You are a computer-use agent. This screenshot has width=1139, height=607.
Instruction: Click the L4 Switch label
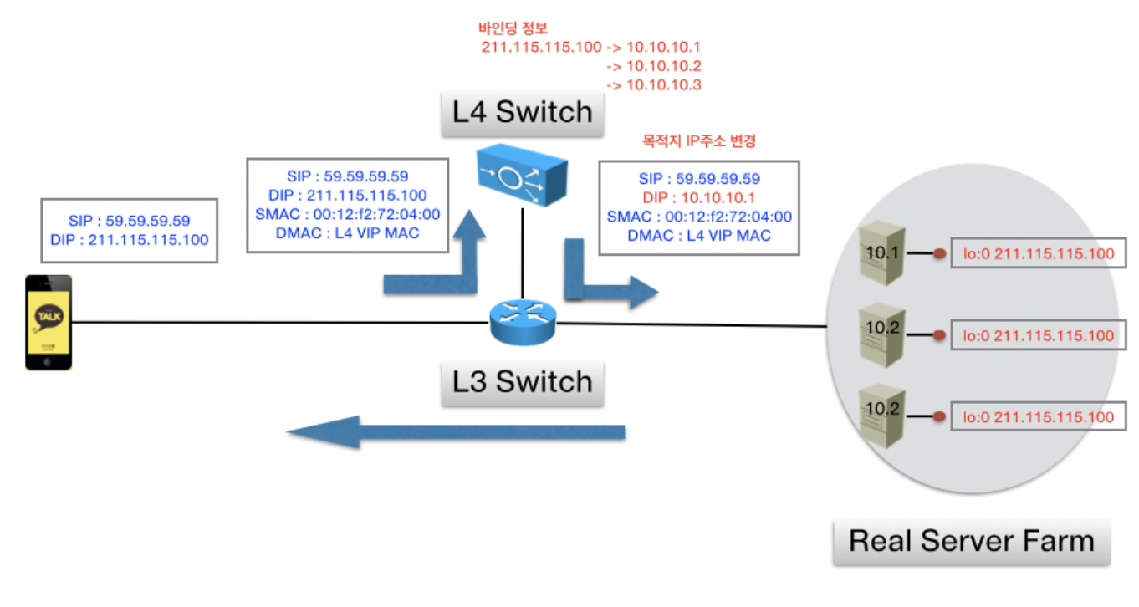[522, 112]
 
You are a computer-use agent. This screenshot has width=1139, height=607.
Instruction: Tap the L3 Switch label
[522, 382]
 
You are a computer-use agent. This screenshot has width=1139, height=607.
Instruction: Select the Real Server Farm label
[972, 542]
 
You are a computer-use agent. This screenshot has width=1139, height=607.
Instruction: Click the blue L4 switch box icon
[522, 175]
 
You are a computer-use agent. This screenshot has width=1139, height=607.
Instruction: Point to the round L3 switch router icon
[523, 322]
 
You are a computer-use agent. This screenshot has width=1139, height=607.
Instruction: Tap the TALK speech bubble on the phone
[49, 317]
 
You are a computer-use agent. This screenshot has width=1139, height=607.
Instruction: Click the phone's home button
[48, 362]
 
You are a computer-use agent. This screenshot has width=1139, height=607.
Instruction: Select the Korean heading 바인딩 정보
[513, 28]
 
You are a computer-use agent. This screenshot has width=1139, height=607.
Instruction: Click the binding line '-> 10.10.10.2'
[654, 66]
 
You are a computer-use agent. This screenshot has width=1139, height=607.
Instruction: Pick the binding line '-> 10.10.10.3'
[654, 85]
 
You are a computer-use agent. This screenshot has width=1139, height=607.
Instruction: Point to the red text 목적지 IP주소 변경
[699, 140]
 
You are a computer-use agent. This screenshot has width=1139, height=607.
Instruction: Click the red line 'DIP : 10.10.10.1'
[699, 198]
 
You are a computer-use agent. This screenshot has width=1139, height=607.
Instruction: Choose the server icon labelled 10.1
[882, 252]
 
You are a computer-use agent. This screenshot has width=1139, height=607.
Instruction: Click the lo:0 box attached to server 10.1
[1039, 253]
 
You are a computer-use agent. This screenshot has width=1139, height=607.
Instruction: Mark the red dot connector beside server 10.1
[940, 253]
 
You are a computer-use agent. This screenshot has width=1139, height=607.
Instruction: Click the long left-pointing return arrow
[456, 432]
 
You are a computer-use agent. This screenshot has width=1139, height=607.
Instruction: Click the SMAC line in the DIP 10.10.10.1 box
[699, 217]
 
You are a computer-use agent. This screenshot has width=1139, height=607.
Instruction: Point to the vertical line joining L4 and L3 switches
[522, 253]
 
